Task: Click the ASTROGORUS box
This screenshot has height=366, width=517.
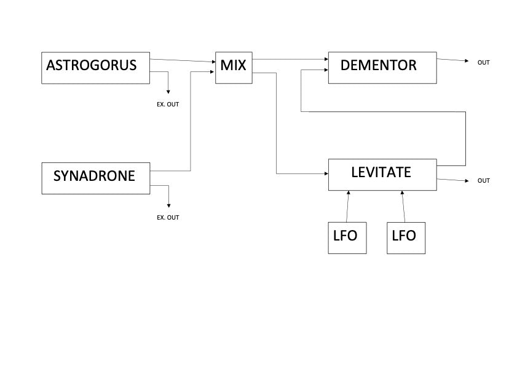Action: [96, 68]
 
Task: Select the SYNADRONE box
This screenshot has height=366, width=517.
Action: [95, 178]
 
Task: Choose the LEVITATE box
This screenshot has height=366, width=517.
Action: [382, 175]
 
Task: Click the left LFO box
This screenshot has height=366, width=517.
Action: [347, 237]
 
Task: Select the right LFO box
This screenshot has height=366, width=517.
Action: [406, 237]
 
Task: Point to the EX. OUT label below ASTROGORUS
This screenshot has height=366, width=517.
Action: [168, 105]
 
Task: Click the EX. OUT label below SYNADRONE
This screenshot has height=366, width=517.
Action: [168, 217]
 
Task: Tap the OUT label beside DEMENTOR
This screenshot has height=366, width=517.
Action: [484, 63]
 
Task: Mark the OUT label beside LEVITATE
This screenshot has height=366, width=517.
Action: [484, 181]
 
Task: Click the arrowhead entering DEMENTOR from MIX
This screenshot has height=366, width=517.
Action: [326, 60]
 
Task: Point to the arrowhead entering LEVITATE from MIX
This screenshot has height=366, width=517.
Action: [326, 173]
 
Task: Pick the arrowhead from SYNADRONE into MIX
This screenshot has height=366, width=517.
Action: [212, 72]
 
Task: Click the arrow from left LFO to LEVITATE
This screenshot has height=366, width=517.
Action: [348, 206]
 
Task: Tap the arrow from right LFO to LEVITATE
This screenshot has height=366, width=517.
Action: [404, 206]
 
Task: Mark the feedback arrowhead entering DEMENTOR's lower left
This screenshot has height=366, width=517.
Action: [326, 71]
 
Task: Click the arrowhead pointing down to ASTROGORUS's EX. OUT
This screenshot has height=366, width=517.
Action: [168, 92]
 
